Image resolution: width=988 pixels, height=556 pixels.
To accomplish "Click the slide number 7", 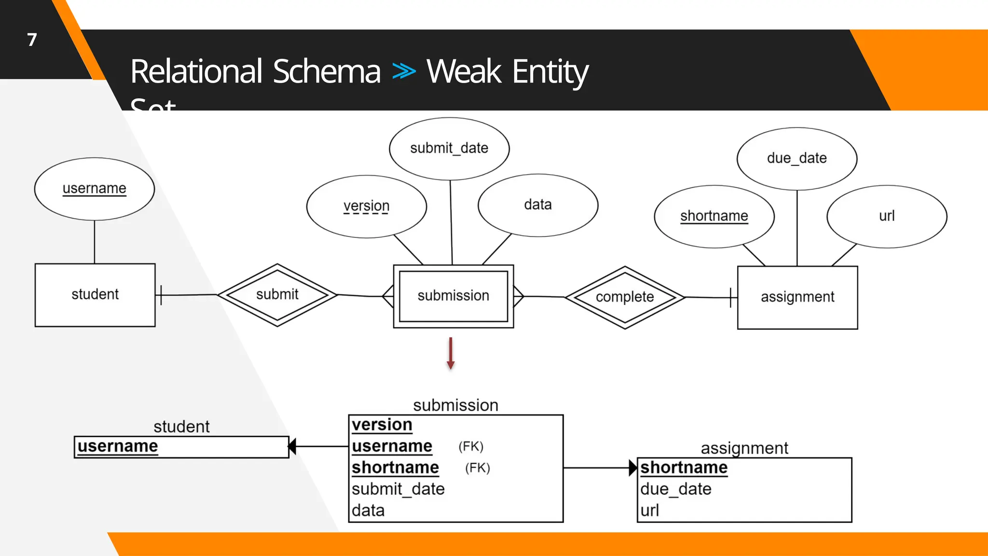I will [x=32, y=40].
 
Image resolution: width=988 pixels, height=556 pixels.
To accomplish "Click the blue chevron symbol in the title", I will [x=403, y=71].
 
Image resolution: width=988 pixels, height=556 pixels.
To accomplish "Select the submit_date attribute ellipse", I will [x=449, y=149].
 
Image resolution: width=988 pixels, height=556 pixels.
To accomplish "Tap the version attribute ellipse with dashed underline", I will [x=366, y=207].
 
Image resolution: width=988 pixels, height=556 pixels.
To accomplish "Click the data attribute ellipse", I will [x=537, y=205].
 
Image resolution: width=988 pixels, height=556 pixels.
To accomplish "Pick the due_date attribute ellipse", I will [x=796, y=159].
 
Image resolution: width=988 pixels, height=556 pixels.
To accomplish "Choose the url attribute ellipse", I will [x=886, y=216].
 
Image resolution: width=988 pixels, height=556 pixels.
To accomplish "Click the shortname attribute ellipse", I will [x=714, y=216].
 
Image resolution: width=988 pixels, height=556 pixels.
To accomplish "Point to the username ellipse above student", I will [x=95, y=189].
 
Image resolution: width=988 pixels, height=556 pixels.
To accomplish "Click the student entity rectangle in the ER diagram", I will [x=95, y=295].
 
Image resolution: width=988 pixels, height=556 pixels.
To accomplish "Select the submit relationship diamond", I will [x=277, y=294].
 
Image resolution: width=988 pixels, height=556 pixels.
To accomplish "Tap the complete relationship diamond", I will [x=625, y=297].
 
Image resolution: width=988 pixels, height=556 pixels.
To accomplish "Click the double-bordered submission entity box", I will [x=453, y=296].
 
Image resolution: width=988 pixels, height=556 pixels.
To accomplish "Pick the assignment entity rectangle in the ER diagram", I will [x=797, y=297].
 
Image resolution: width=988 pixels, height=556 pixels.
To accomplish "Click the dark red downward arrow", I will [x=451, y=354].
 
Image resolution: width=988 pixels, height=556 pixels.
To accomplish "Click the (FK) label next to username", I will [x=471, y=446].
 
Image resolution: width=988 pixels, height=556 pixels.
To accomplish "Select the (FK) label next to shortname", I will [x=478, y=468].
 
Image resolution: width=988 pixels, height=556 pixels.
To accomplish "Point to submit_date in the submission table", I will [x=398, y=489].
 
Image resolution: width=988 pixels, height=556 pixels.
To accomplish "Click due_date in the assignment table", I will [x=675, y=489].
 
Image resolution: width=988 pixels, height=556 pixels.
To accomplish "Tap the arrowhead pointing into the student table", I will [x=292, y=446].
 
